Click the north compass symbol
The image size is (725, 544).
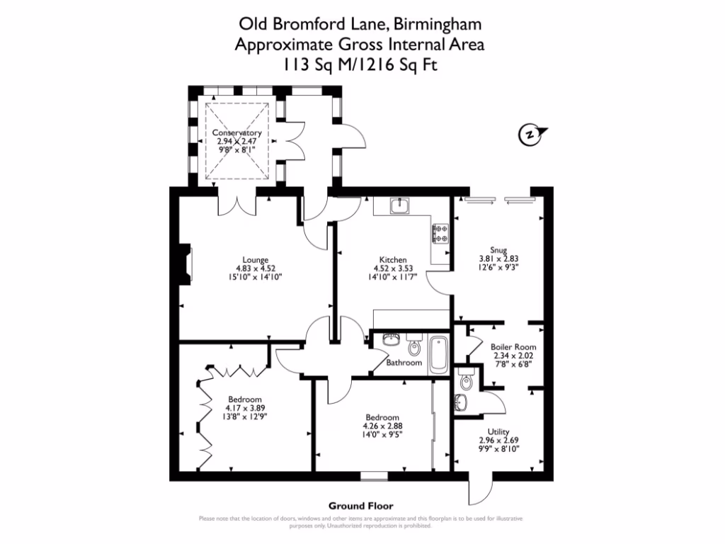click(x=529, y=134)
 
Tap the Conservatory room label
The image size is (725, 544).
click(x=239, y=132)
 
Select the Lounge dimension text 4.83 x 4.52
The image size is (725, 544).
click(x=256, y=268)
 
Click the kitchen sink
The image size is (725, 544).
click(x=400, y=205)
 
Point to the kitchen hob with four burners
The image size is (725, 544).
click(x=441, y=233)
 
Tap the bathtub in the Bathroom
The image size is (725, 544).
click(x=438, y=353)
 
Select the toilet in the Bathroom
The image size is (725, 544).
click(x=414, y=348)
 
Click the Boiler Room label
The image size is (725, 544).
click(x=513, y=347)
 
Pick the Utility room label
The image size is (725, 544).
click(x=498, y=431)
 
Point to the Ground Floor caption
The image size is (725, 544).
click(x=360, y=506)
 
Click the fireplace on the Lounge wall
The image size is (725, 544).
click(x=186, y=263)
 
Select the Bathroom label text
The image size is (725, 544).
click(x=404, y=363)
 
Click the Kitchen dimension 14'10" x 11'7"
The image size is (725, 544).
click(x=392, y=278)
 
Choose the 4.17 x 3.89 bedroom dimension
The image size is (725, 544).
click(x=245, y=408)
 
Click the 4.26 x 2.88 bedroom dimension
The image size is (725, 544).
click(x=382, y=426)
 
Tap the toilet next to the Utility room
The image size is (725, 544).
click(x=464, y=382)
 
